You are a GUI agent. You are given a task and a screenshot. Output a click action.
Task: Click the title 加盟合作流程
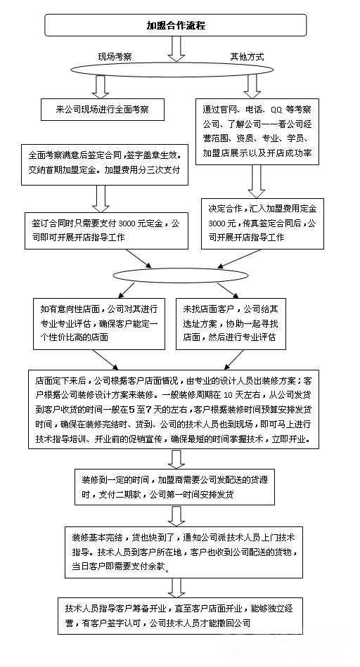(x=176, y=25)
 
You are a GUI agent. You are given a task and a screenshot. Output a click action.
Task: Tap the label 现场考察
(x=115, y=56)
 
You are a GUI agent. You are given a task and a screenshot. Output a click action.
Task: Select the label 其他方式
(x=247, y=56)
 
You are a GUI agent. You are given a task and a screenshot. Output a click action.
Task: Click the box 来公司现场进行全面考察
(x=102, y=110)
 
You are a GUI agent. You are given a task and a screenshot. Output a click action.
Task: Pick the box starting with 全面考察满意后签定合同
(x=105, y=164)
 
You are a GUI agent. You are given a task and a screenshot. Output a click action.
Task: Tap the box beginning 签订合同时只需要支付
(x=106, y=231)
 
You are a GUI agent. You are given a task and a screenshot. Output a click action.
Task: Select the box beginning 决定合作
(x=262, y=224)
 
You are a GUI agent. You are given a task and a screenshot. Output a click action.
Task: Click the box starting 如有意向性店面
(x=99, y=323)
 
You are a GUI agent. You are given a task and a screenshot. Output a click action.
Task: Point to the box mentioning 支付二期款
(x=174, y=487)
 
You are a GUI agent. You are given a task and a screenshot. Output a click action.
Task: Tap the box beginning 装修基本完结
(x=184, y=552)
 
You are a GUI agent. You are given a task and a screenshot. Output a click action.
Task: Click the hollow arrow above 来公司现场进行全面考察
(x=101, y=86)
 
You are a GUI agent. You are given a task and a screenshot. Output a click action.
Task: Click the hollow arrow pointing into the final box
(x=176, y=588)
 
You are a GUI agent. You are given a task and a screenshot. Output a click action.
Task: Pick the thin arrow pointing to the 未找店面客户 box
(x=227, y=290)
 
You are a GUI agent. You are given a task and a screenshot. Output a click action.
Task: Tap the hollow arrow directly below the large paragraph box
(x=176, y=459)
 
